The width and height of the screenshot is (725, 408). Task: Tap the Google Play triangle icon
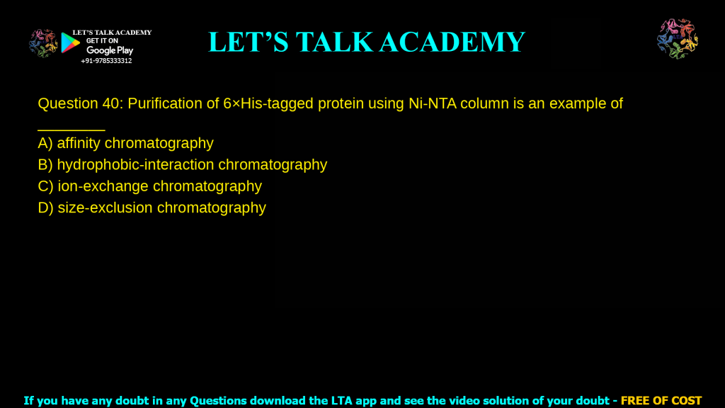(70, 44)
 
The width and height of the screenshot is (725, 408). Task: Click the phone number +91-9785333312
(106, 61)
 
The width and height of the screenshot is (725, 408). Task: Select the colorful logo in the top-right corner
(678, 39)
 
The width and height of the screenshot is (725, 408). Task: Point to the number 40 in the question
(110, 103)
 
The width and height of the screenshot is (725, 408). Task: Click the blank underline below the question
(71, 128)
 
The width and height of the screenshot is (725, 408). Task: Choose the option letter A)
(45, 143)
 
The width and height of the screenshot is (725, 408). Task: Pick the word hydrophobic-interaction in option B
(135, 165)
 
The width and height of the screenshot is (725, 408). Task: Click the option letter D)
(45, 208)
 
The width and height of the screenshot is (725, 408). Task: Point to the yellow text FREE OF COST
(661, 400)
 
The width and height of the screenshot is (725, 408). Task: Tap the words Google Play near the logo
(110, 50)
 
